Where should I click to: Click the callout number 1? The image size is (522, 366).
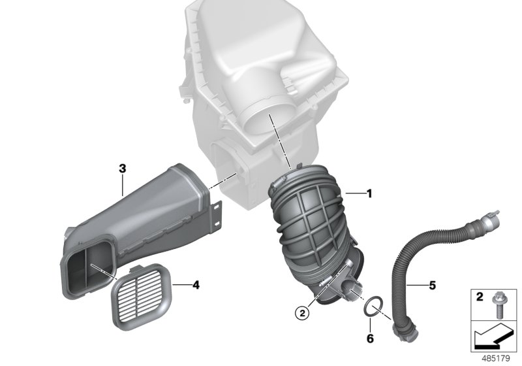(x=369, y=193)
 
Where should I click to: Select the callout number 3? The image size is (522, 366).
(x=122, y=168)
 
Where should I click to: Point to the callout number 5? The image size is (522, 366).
(x=432, y=285)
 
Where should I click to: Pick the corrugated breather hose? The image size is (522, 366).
(x=418, y=261)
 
